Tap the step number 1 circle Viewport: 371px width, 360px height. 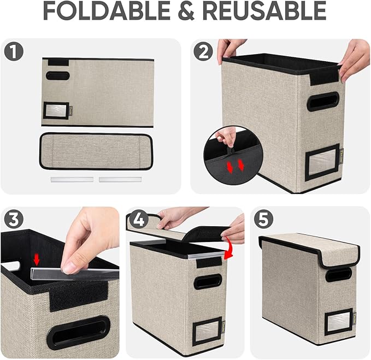click(x=13, y=52)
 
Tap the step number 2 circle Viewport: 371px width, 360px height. click(x=203, y=52)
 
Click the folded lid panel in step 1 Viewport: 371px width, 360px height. click(x=96, y=151)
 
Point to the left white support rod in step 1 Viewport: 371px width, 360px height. click(x=72, y=179)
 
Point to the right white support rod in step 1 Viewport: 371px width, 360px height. click(x=120, y=179)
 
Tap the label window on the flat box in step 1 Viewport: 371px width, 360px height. click(x=56, y=111)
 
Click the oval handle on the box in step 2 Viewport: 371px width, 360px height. click(x=322, y=101)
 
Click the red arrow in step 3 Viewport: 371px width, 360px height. click(x=37, y=258)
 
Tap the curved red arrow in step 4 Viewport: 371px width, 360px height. click(x=231, y=252)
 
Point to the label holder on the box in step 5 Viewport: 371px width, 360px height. click(x=339, y=322)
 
